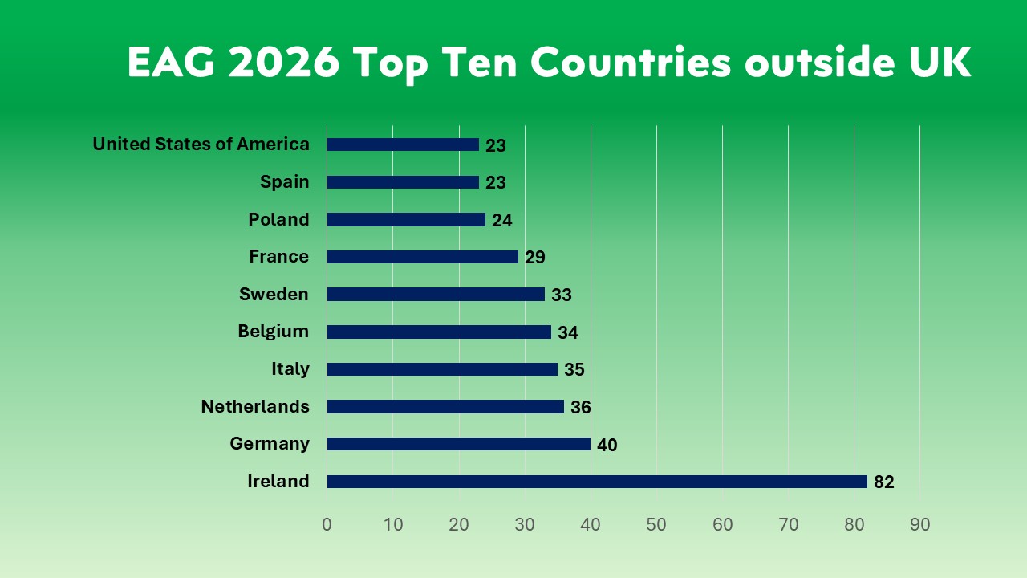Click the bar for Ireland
597,482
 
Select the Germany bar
459,444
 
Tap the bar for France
423,257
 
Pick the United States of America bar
403,144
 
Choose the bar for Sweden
436,295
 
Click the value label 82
883,482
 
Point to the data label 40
607,445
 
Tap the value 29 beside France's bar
534,258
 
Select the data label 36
580,408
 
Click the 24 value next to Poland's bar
501,221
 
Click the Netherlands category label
255,406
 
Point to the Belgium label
274,332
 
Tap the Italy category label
290,369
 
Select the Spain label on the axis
285,182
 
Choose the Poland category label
278,219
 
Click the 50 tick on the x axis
656,525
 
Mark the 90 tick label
919,525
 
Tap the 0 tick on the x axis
327,525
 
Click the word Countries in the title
631,63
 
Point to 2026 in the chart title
283,63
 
